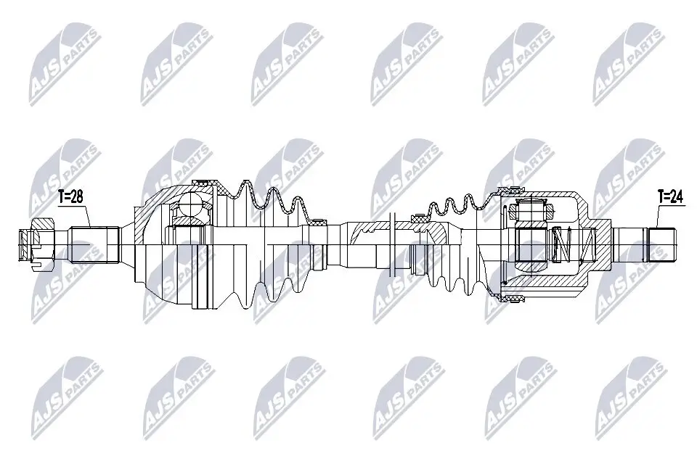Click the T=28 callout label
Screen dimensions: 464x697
(72, 196)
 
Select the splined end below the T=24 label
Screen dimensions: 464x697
(662, 244)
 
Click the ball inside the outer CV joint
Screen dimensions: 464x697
(192, 205)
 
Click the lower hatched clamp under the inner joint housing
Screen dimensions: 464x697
(513, 297)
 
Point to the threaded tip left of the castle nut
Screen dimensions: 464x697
(24, 244)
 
